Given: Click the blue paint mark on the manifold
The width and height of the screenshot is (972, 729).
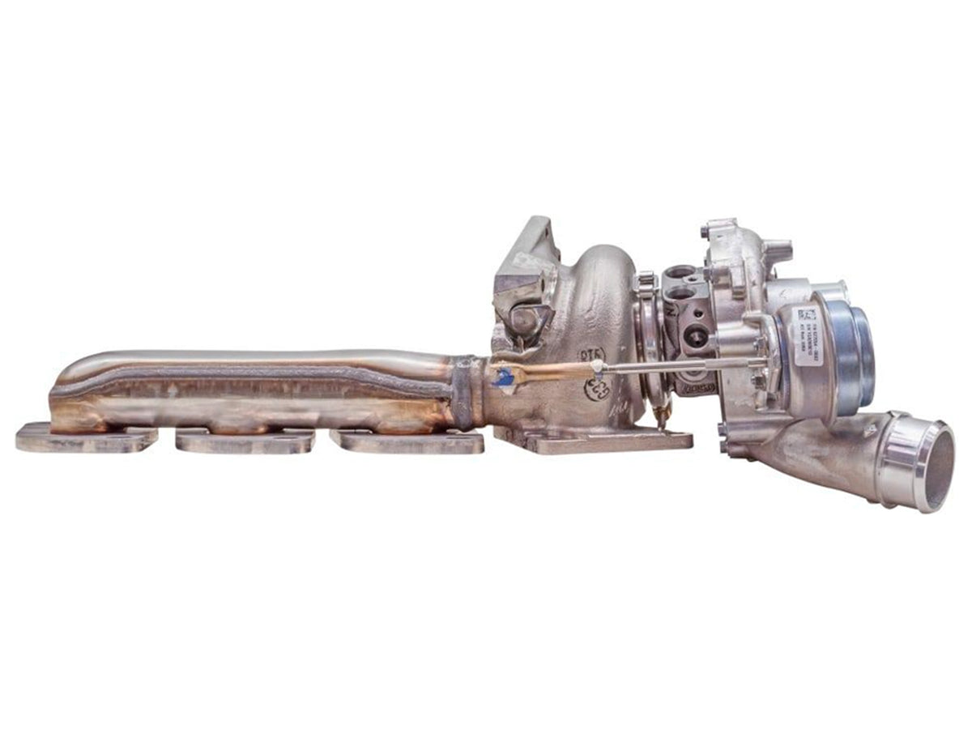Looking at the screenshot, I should pyautogui.click(x=503, y=377).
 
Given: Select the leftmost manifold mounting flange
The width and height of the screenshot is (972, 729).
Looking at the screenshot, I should pyautogui.click(x=86, y=437).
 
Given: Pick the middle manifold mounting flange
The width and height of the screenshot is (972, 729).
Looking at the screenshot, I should pyautogui.click(x=245, y=441).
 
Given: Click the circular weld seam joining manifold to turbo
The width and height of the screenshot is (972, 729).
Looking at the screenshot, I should pyautogui.click(x=463, y=392).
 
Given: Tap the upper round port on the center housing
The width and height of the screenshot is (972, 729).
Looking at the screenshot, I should pyautogui.click(x=681, y=273).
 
